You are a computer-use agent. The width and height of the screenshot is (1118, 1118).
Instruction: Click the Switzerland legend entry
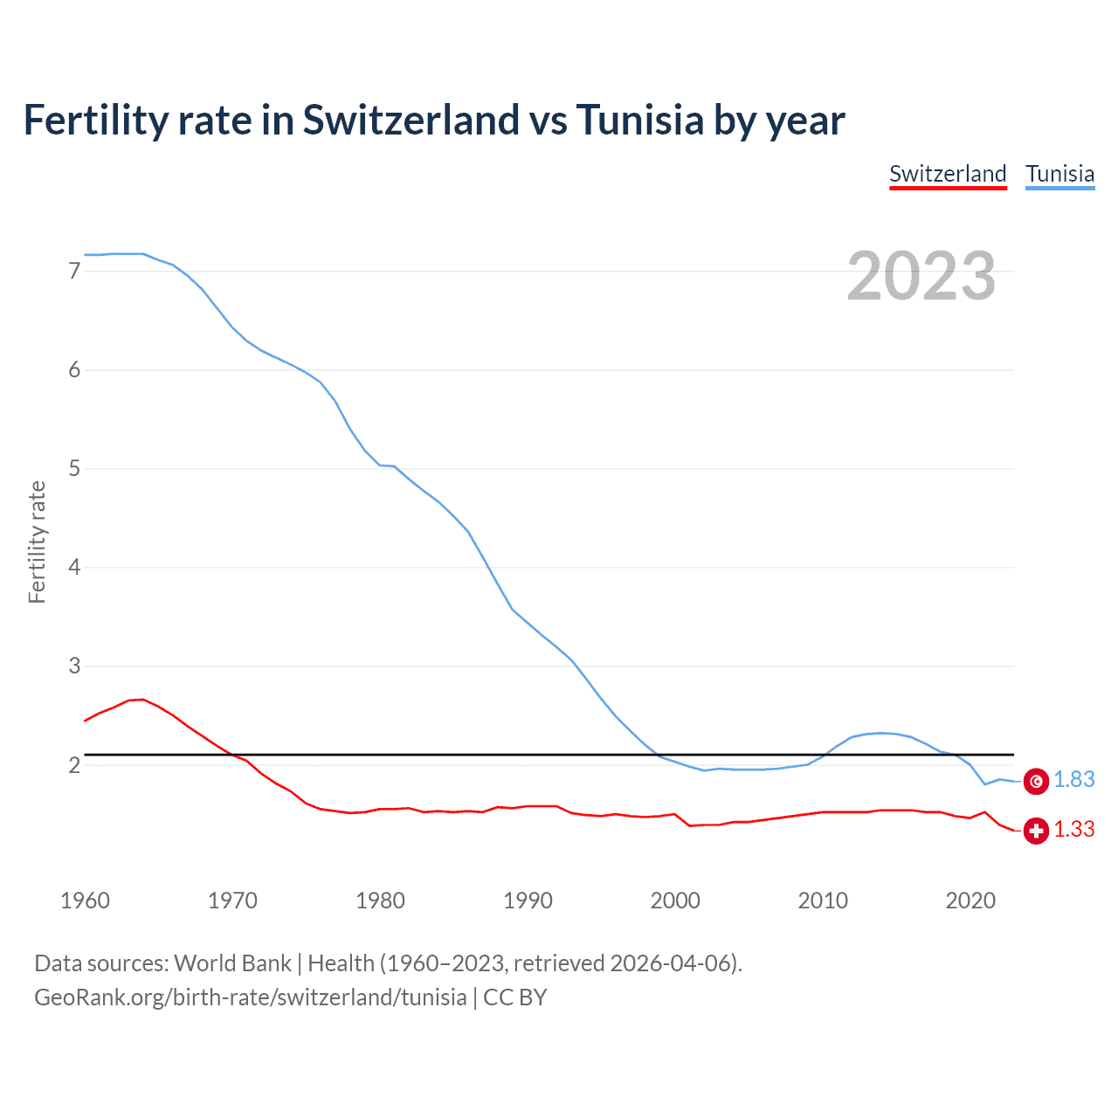click(948, 174)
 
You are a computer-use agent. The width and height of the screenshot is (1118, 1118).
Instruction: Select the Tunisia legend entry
click(1059, 174)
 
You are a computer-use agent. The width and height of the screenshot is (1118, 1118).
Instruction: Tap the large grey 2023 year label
click(921, 276)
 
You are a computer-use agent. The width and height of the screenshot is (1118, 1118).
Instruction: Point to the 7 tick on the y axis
click(74, 272)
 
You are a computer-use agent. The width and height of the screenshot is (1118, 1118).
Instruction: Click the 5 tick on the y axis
click(74, 469)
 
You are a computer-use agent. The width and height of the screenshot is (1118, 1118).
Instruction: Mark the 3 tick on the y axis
click(74, 666)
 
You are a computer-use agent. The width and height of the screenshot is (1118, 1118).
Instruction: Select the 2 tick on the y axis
click(74, 766)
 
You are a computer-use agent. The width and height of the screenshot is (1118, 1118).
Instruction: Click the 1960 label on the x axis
click(85, 901)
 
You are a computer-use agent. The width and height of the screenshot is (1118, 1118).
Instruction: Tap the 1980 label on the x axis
click(380, 901)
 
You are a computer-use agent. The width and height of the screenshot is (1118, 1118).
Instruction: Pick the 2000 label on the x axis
click(675, 901)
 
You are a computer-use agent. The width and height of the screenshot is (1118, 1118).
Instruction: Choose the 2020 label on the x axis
click(970, 901)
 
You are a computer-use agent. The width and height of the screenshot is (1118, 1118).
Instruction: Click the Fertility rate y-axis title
click(37, 542)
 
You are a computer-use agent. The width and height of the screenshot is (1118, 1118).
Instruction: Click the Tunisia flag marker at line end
click(1036, 781)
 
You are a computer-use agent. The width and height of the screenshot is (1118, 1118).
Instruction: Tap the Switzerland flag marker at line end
click(1036, 831)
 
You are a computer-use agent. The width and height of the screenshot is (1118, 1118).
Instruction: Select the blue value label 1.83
click(1073, 780)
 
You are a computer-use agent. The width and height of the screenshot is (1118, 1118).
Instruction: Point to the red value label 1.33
click(1073, 830)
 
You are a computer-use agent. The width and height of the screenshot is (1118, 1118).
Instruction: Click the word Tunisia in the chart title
click(639, 120)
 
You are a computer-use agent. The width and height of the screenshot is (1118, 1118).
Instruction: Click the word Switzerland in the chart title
click(411, 120)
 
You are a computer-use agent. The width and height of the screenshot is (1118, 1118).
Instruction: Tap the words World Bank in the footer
click(232, 963)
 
